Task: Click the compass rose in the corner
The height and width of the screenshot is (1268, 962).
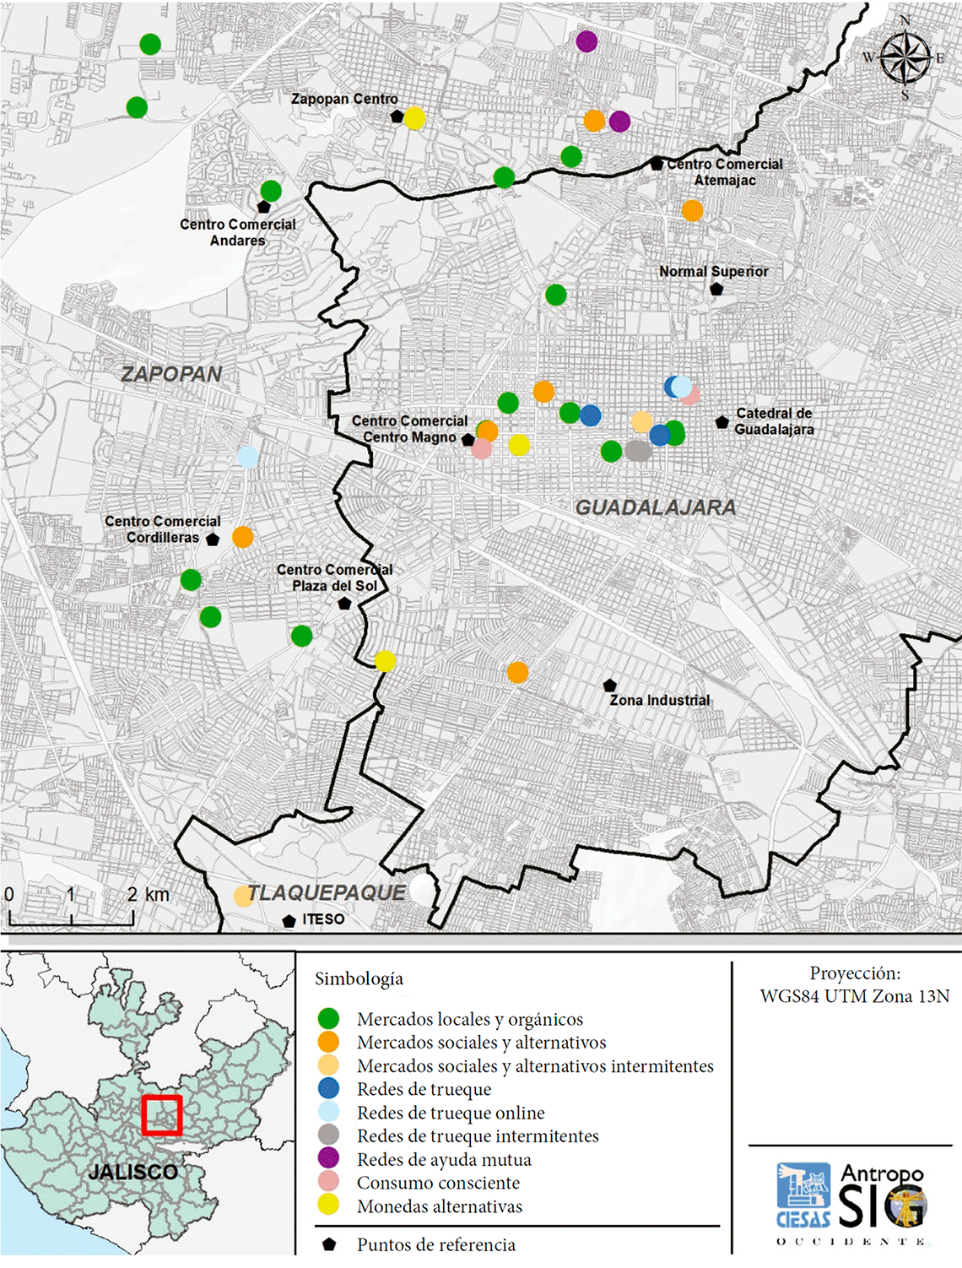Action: pyautogui.click(x=905, y=57)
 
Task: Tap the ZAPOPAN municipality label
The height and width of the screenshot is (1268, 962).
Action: pyautogui.click(x=171, y=374)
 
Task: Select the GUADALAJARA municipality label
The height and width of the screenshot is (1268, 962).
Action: pyautogui.click(x=656, y=507)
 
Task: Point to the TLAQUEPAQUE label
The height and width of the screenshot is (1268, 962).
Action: pyautogui.click(x=326, y=893)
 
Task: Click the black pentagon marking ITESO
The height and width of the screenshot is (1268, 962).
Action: pyautogui.click(x=289, y=920)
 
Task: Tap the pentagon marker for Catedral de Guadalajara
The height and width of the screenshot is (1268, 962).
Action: pyautogui.click(x=721, y=422)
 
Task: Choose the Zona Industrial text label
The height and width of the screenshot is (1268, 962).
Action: pyautogui.click(x=659, y=700)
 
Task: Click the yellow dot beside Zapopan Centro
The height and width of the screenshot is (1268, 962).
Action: pyautogui.click(x=414, y=118)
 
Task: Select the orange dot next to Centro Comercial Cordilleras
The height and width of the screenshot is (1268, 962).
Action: pyautogui.click(x=242, y=537)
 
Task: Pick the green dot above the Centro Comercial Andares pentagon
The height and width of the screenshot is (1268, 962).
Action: pyautogui.click(x=271, y=191)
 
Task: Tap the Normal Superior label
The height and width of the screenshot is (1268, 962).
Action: pyautogui.click(x=713, y=272)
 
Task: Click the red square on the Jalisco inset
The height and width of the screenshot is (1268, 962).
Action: pyautogui.click(x=161, y=1115)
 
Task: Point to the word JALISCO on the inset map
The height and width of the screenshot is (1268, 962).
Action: pyautogui.click(x=133, y=1172)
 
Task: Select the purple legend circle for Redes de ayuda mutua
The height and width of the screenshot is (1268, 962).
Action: pyautogui.click(x=328, y=1158)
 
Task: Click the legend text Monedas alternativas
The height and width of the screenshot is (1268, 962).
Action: pyautogui.click(x=439, y=1206)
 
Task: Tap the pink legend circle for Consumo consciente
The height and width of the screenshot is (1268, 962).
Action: pyautogui.click(x=328, y=1182)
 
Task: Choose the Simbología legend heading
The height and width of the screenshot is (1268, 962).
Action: pyautogui.click(x=359, y=978)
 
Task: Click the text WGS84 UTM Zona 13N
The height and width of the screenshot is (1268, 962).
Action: pyautogui.click(x=854, y=996)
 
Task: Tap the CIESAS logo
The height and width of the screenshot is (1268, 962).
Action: pyautogui.click(x=803, y=1195)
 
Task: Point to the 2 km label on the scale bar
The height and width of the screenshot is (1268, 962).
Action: pyautogui.click(x=148, y=895)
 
